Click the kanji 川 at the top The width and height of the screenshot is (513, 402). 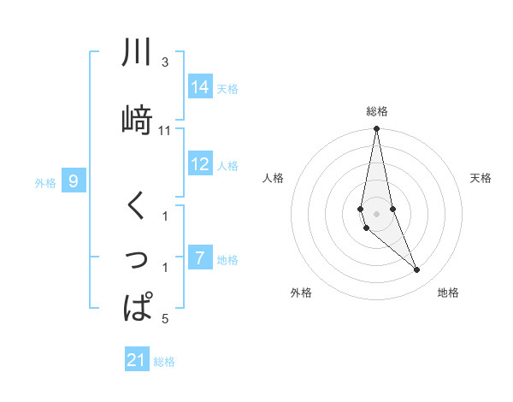click(138, 53)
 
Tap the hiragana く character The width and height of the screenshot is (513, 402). click(137, 206)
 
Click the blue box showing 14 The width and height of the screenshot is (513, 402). click(200, 87)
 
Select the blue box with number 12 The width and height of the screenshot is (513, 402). click(200, 165)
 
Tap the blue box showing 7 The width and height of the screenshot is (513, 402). click(199, 258)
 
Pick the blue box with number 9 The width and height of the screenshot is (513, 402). click(74, 181)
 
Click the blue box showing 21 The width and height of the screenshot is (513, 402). click(137, 360)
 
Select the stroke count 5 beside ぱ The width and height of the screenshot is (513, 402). click(165, 319)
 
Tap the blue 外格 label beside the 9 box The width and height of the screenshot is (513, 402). click(45, 182)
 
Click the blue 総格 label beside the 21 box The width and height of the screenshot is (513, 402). click(164, 362)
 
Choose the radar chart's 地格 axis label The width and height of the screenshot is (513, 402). click(448, 293)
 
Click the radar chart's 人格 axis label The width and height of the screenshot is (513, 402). click(274, 178)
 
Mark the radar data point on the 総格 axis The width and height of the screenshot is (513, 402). click(376, 129)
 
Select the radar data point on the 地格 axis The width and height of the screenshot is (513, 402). click(417, 270)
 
